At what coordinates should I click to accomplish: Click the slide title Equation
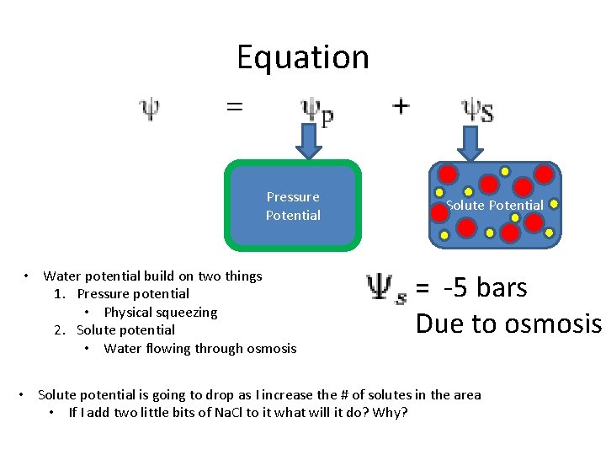click(303, 57)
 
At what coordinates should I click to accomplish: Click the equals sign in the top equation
click(234, 107)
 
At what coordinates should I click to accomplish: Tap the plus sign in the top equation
click(401, 106)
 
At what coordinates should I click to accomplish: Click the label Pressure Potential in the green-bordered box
click(293, 206)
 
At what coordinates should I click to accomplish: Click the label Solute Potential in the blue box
click(494, 206)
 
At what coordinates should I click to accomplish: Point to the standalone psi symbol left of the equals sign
click(149, 109)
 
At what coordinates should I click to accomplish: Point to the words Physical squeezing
click(161, 312)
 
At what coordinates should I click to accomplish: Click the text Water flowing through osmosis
click(200, 348)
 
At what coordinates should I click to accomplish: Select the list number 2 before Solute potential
click(59, 330)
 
